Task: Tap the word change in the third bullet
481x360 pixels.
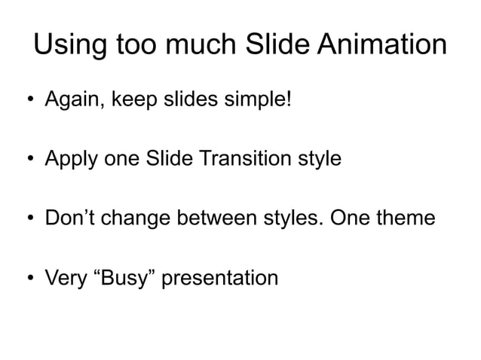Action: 141,219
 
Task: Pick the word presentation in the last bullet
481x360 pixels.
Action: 220,279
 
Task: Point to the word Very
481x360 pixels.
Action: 66,279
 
